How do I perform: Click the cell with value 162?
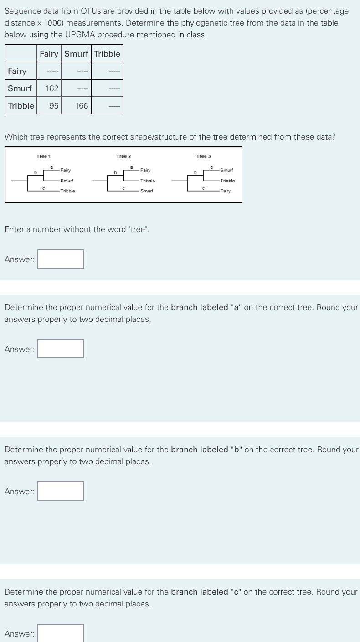pyautogui.click(x=51, y=88)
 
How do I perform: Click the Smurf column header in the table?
pyautogui.click(x=76, y=54)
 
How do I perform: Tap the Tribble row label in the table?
pyautogui.click(x=21, y=106)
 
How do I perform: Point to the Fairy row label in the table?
pyautogui.click(x=17, y=71)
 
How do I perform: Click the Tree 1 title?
pyautogui.click(x=44, y=156)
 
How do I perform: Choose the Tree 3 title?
pyautogui.click(x=203, y=156)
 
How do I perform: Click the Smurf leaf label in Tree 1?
pyautogui.click(x=67, y=181)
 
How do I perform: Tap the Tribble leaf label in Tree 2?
pyautogui.click(x=147, y=181)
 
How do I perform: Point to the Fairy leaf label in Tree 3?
pyautogui.click(x=225, y=191)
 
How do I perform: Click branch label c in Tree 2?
pyautogui.click(x=123, y=187)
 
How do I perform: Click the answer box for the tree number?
pyautogui.click(x=61, y=259)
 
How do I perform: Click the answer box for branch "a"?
pyautogui.click(x=61, y=349)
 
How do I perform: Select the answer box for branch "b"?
pyautogui.click(x=61, y=492)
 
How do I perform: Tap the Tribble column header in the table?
pyautogui.click(x=108, y=54)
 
